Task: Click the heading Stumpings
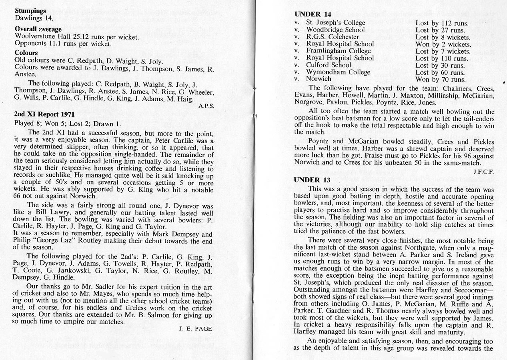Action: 30,11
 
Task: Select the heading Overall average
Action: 38,29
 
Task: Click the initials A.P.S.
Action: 206,106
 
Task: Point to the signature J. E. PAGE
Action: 195,329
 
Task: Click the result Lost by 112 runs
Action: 440,23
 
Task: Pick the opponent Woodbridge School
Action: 335,30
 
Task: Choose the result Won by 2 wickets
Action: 443,44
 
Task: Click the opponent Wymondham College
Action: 338,72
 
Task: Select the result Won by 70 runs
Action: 440,79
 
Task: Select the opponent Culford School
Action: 329,65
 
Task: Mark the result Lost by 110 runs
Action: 440,58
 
